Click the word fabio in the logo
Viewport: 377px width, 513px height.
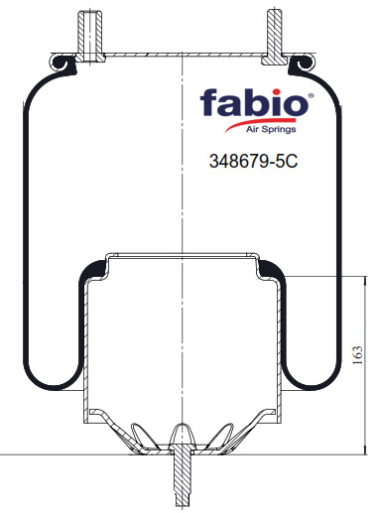pos(254,102)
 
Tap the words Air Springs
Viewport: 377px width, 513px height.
pos(271,129)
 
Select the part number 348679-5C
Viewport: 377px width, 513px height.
pos(254,161)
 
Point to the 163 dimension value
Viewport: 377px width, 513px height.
pos(357,355)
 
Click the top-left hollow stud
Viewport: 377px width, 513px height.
pos(89,36)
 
